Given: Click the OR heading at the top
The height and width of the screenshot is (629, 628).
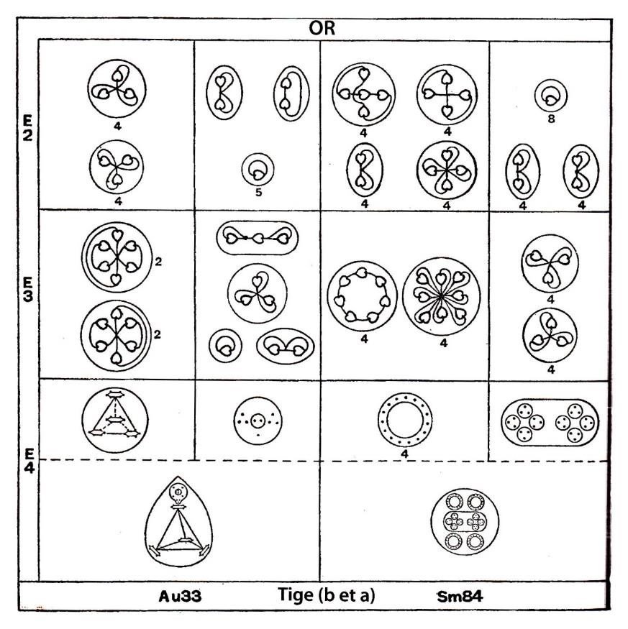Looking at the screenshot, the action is (x=322, y=28).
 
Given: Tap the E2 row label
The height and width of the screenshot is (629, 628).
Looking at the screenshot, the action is (x=28, y=128).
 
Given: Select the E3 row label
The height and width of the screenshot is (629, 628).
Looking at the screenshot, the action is (x=28, y=289).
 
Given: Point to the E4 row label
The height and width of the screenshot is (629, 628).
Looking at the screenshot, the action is (x=29, y=461).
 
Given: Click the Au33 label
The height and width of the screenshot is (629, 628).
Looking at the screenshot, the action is (x=180, y=596).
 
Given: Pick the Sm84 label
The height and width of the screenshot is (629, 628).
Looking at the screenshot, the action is (x=460, y=597).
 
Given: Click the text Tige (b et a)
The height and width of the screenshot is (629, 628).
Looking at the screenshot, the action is (x=326, y=595).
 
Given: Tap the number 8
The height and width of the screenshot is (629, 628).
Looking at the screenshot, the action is (x=551, y=119).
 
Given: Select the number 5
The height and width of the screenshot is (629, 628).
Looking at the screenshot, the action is (x=258, y=192).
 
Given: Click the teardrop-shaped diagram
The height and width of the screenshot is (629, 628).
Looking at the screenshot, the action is (x=178, y=521).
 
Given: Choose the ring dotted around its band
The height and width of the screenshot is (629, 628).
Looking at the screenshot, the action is (x=405, y=421).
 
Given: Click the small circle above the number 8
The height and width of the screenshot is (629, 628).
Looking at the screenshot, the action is (x=551, y=96).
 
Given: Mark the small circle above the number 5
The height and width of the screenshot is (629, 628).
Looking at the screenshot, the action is (x=258, y=169).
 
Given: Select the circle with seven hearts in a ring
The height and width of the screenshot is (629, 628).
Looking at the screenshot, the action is (x=362, y=296).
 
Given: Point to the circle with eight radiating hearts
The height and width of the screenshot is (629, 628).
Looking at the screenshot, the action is (x=441, y=296).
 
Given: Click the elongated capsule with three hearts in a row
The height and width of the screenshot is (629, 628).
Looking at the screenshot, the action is (x=258, y=238).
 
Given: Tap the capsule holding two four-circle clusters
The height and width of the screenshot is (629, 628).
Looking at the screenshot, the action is (x=550, y=423).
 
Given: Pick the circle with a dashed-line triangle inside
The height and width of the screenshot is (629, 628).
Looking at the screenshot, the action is (x=115, y=420).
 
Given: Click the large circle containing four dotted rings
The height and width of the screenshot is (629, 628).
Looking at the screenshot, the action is (x=465, y=521).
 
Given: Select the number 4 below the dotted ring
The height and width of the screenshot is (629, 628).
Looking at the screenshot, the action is (x=404, y=454).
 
